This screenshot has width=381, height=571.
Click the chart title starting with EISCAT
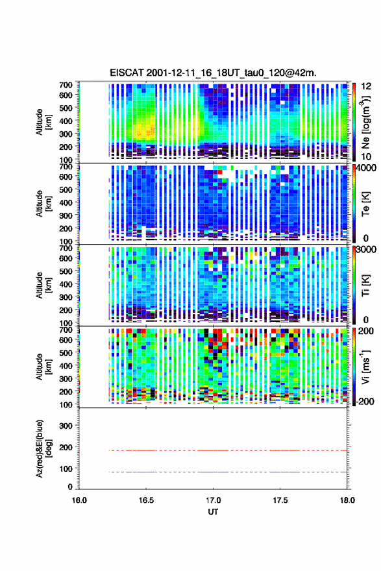click(x=213, y=73)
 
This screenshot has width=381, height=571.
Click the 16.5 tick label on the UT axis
click(x=146, y=500)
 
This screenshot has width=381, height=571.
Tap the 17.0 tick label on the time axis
click(x=213, y=500)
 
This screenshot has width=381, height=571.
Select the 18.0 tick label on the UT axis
click(x=347, y=500)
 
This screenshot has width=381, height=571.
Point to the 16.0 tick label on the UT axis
click(x=79, y=500)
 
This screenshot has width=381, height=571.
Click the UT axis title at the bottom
click(x=213, y=512)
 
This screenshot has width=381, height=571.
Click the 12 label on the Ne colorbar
click(x=366, y=86)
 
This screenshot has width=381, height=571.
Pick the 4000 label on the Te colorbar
click(x=367, y=168)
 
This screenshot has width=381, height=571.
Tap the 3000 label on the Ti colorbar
click(x=367, y=249)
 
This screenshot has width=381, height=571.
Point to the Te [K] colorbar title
click(x=365, y=204)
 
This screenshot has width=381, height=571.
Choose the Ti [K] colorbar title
click(x=365, y=285)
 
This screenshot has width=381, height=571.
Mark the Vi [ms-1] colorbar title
click(x=365, y=367)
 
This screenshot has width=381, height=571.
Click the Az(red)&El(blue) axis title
click(x=43, y=448)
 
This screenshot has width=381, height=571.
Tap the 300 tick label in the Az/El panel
click(x=66, y=426)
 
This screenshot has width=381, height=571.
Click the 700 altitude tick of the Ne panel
click(x=66, y=85)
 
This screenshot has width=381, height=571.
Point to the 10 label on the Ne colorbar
click(x=366, y=157)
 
